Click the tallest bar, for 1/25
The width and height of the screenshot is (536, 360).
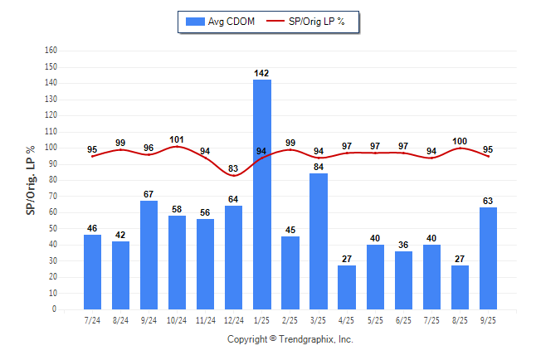[262, 194]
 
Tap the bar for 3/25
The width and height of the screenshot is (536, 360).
[319, 241]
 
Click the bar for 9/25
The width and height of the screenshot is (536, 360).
[488, 258]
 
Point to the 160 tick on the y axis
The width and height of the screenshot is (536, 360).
[51, 50]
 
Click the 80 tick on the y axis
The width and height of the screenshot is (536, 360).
[52, 179]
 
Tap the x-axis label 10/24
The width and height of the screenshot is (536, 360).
[177, 319]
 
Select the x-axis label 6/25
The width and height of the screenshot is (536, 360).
[403, 319]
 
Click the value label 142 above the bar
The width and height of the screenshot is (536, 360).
[262, 73]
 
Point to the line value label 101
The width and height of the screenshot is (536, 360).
[177, 139]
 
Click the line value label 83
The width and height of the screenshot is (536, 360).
[234, 169]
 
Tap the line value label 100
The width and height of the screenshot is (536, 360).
[460, 141]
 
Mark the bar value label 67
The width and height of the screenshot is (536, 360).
[149, 194]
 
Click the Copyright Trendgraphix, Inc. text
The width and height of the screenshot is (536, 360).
[290, 339]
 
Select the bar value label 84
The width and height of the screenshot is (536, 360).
[319, 167]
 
